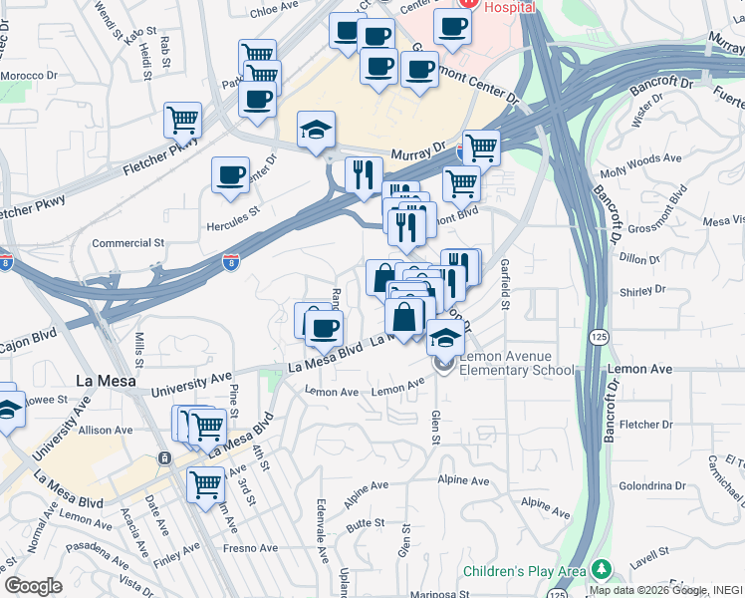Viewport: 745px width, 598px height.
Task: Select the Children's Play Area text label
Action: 524,572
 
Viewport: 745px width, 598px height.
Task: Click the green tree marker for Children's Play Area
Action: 601,569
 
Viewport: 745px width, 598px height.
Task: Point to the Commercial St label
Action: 127,243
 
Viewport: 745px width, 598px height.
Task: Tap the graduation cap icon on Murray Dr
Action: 317,130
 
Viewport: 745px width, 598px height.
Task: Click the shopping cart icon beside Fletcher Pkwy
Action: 183,120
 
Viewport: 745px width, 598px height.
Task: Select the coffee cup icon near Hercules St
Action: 231,175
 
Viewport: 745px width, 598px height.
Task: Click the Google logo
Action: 32,586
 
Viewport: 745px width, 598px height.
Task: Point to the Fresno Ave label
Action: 250,548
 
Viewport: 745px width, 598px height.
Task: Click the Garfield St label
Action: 505,283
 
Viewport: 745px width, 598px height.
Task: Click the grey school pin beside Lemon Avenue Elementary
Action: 444,366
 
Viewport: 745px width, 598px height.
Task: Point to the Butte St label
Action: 366,522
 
